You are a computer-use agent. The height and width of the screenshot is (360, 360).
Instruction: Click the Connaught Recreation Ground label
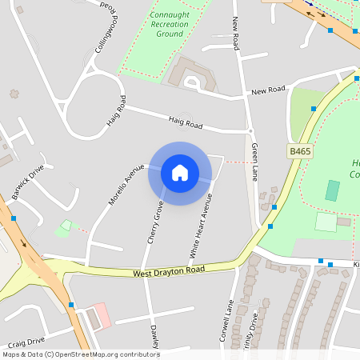[x=169, y=25]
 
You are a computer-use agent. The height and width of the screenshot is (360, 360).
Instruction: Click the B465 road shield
[x=299, y=150]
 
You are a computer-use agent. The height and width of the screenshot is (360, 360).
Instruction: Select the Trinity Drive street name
[x=253, y=328]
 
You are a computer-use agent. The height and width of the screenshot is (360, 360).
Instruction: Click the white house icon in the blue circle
[x=179, y=173]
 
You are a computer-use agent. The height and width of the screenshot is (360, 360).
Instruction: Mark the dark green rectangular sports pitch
[x=332, y=190]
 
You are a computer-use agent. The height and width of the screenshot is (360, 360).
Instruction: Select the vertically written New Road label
[x=236, y=32]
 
